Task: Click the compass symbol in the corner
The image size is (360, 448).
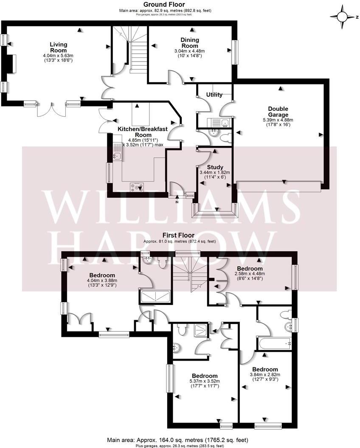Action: pos(343,17)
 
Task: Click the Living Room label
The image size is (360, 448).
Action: pos(58,47)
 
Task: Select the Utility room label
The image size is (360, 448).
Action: pos(214,95)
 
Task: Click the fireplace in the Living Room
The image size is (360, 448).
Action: pos(11,65)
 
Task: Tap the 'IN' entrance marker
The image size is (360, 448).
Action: pos(177,202)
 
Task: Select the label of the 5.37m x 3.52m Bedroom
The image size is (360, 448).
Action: pos(205,376)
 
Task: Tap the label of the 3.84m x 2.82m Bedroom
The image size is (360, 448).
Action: pos(265,369)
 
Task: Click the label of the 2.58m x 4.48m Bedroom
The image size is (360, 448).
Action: pos(250,269)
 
